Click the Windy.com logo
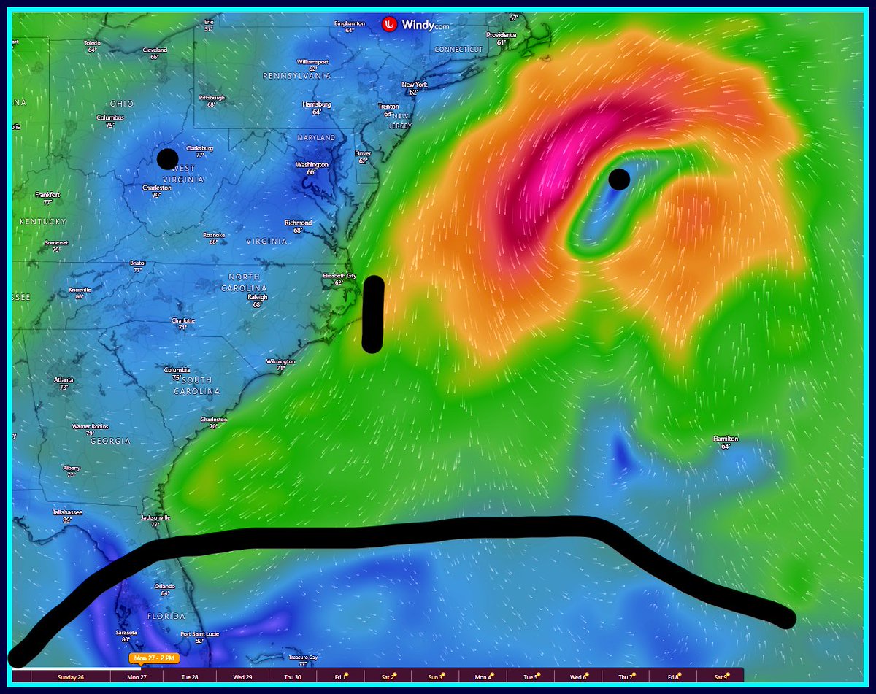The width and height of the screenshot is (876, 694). (x=415, y=25)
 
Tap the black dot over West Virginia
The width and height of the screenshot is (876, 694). (x=167, y=158)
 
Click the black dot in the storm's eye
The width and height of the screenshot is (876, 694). (x=618, y=179)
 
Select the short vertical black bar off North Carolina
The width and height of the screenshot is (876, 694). (x=373, y=314)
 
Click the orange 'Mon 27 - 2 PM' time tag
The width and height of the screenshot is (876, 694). (x=154, y=658)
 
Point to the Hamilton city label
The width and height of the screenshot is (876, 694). (x=726, y=439)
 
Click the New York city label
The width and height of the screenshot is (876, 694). (x=414, y=85)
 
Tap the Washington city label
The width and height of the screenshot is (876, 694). (x=312, y=165)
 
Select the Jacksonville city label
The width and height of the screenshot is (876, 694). (x=155, y=518)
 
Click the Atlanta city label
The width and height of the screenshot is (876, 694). (x=64, y=379)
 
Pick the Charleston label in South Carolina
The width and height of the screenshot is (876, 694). (x=214, y=420)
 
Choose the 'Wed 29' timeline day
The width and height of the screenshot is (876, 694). (x=243, y=677)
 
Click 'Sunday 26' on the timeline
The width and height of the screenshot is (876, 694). (x=71, y=677)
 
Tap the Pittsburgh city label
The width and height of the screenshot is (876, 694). (x=212, y=98)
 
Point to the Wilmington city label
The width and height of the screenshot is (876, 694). (x=280, y=361)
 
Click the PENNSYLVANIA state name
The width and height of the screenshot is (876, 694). (x=296, y=76)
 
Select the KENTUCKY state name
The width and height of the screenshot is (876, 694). (x=43, y=221)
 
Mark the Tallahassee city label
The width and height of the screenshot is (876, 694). (x=66, y=512)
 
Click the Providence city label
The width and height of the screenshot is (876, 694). (x=502, y=35)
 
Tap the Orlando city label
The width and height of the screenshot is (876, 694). (x=165, y=586)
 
